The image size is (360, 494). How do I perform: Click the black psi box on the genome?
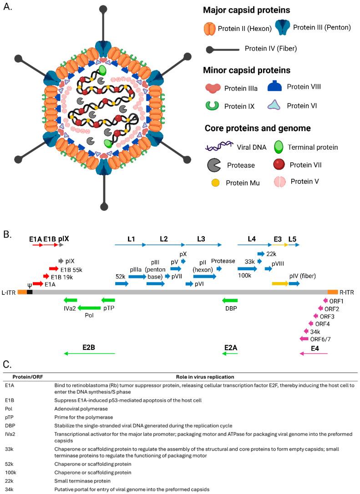coord(30,292)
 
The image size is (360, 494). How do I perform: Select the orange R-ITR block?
coord(333,292)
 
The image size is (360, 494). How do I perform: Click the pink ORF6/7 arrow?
coord(304,338)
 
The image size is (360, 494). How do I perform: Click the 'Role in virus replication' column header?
coord(205,377)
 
